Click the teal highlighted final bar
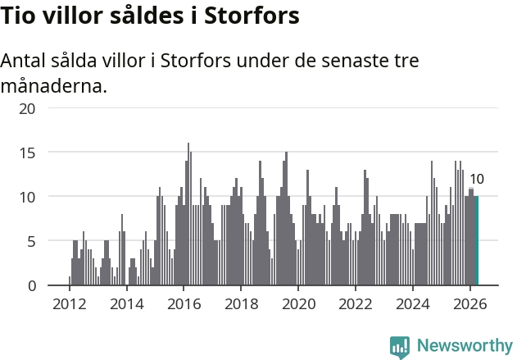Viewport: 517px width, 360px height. pyautogui.click(x=477, y=240)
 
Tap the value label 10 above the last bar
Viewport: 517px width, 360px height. pyautogui.click(x=477, y=179)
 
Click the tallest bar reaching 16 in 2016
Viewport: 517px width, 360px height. pyautogui.click(x=188, y=214)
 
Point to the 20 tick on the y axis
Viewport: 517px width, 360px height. pyautogui.click(x=27, y=109)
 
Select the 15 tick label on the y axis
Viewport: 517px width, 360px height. pyautogui.click(x=27, y=153)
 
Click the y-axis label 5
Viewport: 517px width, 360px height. pyautogui.click(x=31, y=242)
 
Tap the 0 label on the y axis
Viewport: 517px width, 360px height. pyautogui.click(x=32, y=286)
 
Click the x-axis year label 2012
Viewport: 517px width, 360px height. pyautogui.click(x=70, y=304)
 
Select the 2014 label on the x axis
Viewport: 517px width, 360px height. pyautogui.click(x=127, y=304)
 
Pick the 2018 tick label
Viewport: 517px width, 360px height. pyautogui.click(x=242, y=304)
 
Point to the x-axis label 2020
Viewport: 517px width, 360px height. pyautogui.click(x=298, y=304)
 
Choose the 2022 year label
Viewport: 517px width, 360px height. pyautogui.click(x=356, y=304)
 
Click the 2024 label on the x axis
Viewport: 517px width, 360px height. pyautogui.click(x=413, y=304)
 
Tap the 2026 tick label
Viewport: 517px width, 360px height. pyautogui.click(x=470, y=304)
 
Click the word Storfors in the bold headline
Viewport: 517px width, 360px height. pyautogui.click(x=252, y=16)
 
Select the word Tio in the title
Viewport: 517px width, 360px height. pyautogui.click(x=17, y=16)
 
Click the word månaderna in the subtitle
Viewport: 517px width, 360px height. pyautogui.click(x=54, y=86)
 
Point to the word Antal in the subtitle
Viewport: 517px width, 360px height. pyautogui.click(x=24, y=61)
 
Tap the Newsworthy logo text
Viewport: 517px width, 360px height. pyautogui.click(x=465, y=345)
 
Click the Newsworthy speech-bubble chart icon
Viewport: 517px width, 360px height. pyautogui.click(x=400, y=348)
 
